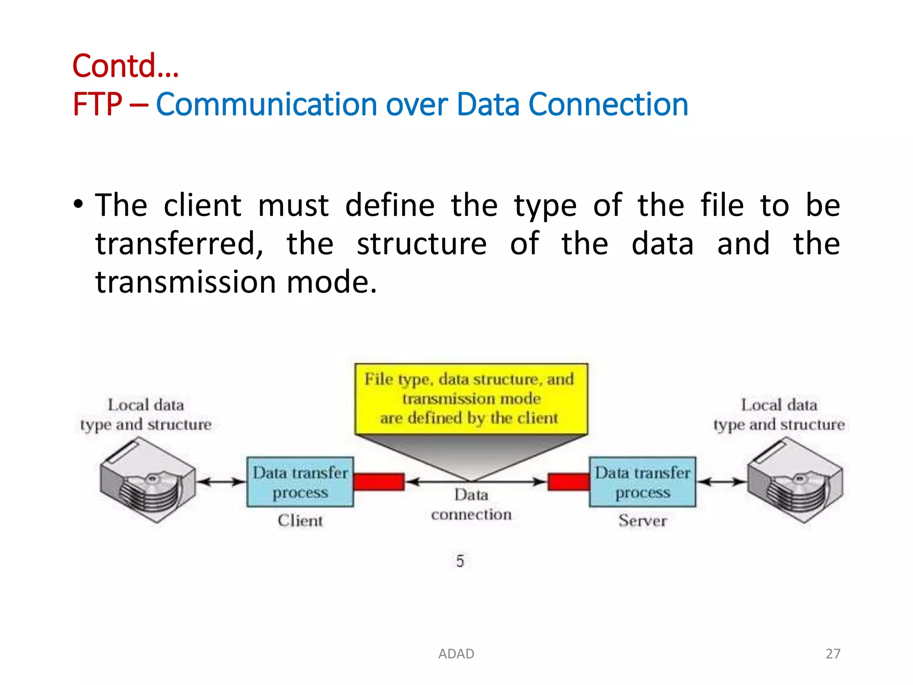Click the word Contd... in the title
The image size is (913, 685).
coord(125,66)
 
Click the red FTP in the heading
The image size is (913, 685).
coord(97,105)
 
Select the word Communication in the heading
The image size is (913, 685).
coord(266,105)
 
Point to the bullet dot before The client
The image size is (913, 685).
coord(78,205)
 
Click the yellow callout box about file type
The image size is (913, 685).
coord(471,399)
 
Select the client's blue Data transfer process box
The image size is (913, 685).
coord(300,482)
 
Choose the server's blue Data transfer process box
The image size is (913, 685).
coord(642,482)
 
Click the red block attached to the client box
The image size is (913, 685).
coord(379,482)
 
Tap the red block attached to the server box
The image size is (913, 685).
coord(568,482)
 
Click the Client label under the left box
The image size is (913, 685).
coord(300,521)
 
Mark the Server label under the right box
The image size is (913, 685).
coord(642,521)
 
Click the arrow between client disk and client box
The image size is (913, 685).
coord(221,482)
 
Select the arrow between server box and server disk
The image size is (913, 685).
coord(721,482)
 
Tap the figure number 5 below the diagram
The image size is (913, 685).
coord(460,561)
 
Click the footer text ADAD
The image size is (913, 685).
coord(456,654)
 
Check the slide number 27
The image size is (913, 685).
coord(833,654)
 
